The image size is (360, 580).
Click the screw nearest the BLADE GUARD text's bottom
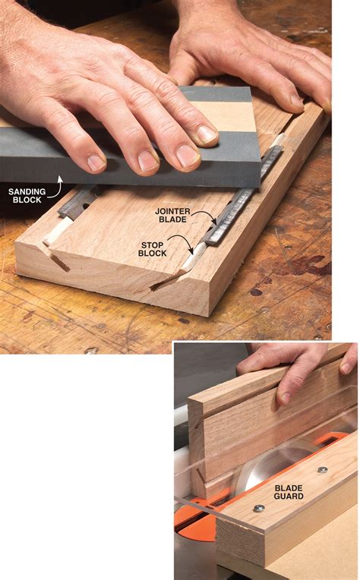coord(260,508)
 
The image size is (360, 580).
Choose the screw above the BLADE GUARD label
coord(322,471)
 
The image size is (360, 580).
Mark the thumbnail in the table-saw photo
coord(284,397)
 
